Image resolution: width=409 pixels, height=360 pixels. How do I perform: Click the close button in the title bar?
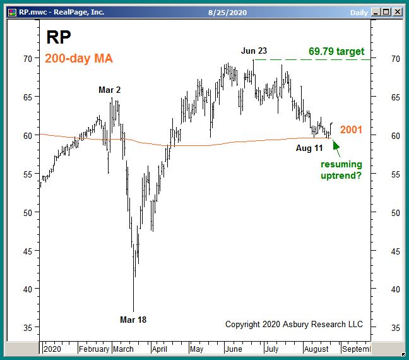tap(398, 11)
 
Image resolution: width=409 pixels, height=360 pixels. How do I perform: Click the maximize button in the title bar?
tap(386, 11)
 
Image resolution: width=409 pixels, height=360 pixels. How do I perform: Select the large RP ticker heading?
tap(58, 38)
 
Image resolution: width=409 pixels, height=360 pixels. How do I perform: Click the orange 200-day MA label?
tap(79, 59)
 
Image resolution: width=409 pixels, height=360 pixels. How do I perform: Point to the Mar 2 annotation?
tap(110, 90)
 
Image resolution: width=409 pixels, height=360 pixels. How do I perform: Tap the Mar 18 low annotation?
tap(133, 320)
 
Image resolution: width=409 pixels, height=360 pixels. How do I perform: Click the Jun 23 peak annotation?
tap(254, 51)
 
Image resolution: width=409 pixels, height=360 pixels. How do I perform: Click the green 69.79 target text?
tap(336, 51)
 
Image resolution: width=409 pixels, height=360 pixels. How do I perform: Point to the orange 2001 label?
tap(351, 129)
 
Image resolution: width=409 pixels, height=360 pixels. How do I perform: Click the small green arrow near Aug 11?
tap(336, 147)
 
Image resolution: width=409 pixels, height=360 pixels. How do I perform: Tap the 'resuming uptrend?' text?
tap(341, 170)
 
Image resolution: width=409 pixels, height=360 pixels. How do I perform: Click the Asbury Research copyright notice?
tap(294, 324)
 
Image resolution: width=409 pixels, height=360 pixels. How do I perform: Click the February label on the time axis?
tap(94, 349)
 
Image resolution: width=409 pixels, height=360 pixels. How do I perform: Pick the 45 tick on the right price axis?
tap(394, 251)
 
